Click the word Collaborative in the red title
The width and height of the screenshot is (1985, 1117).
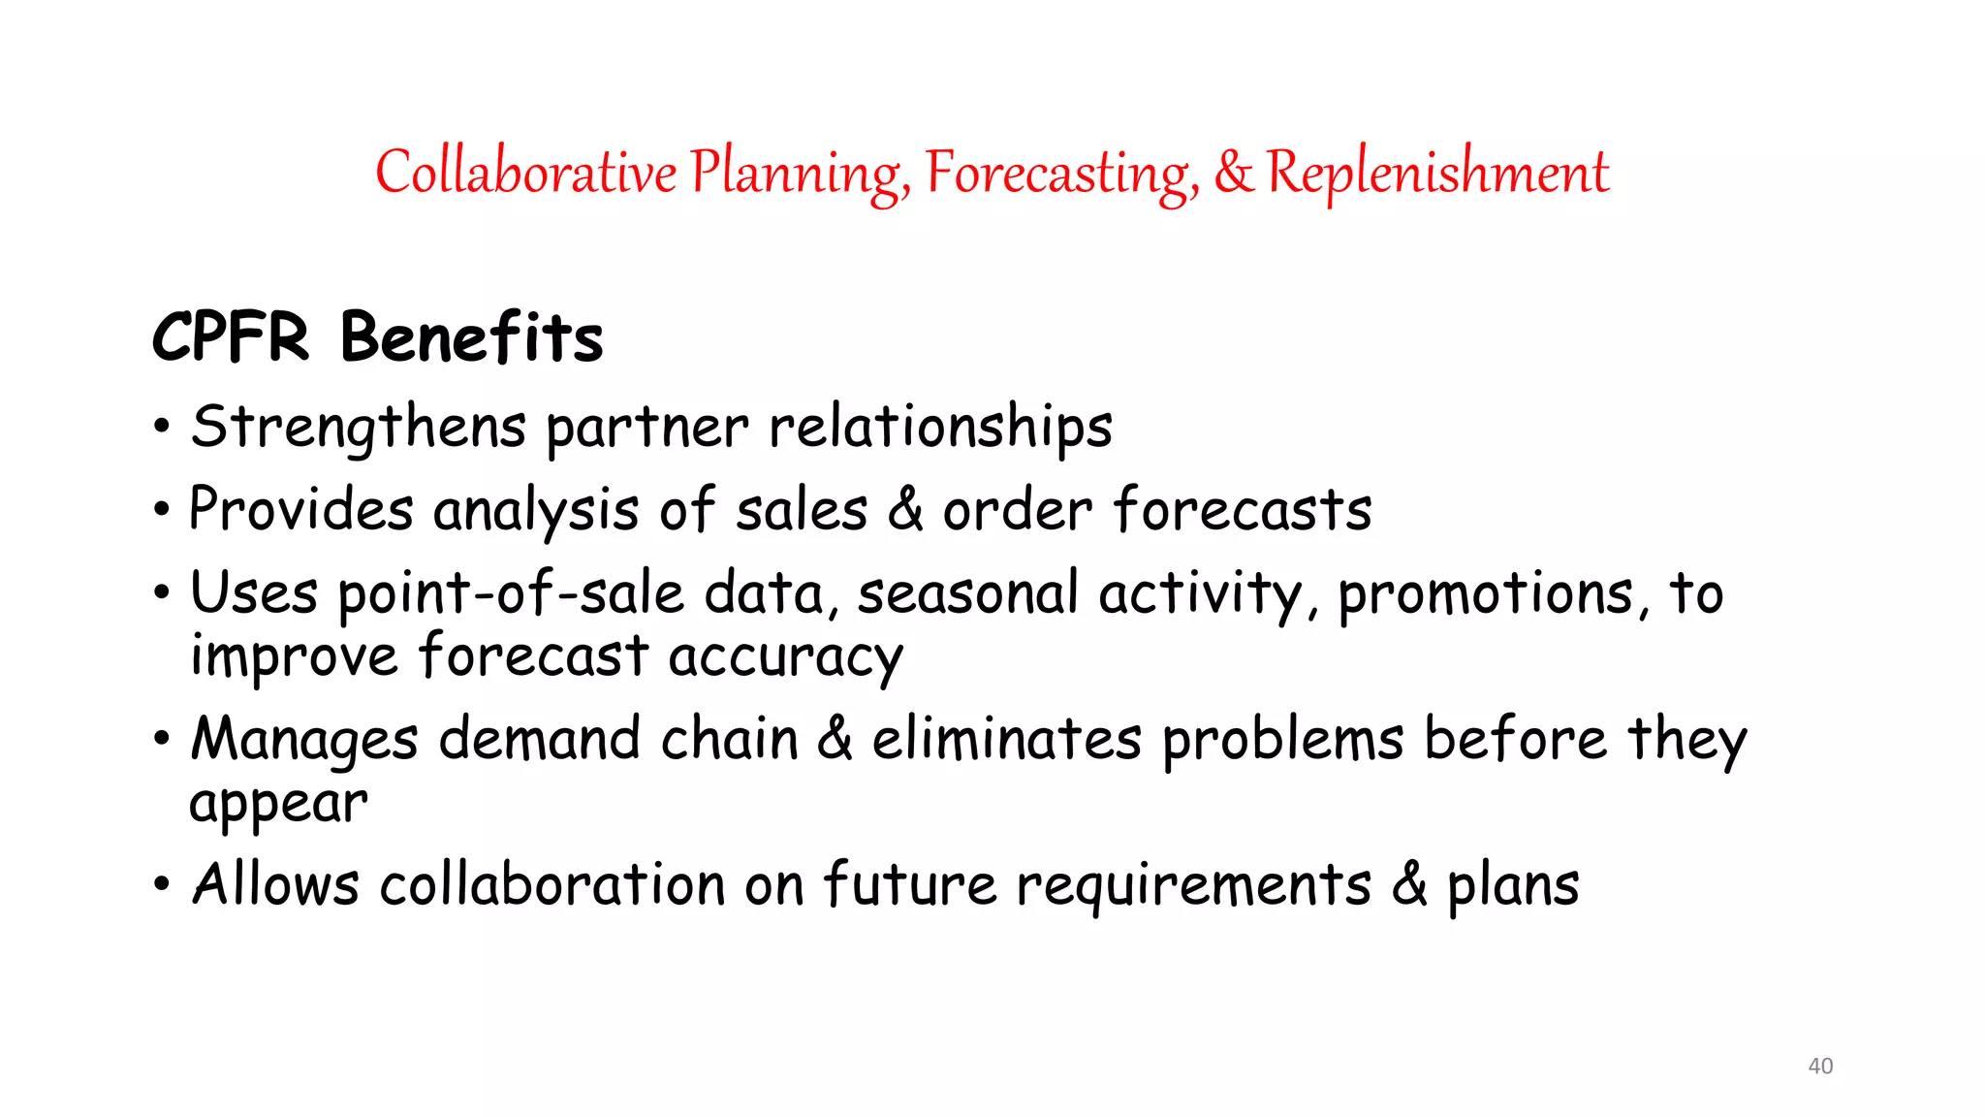(x=525, y=173)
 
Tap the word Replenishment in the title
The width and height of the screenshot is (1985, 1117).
(x=1437, y=173)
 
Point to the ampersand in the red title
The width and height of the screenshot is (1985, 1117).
(x=1233, y=172)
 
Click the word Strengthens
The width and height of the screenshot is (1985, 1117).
(x=359, y=427)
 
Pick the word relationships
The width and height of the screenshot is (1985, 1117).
(x=940, y=427)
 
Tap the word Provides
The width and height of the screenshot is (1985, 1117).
(x=300, y=509)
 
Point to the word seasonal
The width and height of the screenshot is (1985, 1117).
(x=967, y=592)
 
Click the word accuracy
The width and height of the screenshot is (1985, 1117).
(x=785, y=657)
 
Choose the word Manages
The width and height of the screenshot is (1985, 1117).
(x=304, y=740)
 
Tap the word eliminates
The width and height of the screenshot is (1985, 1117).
(x=1007, y=739)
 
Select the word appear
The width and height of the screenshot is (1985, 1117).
(x=278, y=804)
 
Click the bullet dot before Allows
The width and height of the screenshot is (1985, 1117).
(x=162, y=884)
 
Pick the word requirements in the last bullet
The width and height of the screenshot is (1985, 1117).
(x=1193, y=884)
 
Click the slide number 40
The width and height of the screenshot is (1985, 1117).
(x=1820, y=1066)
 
